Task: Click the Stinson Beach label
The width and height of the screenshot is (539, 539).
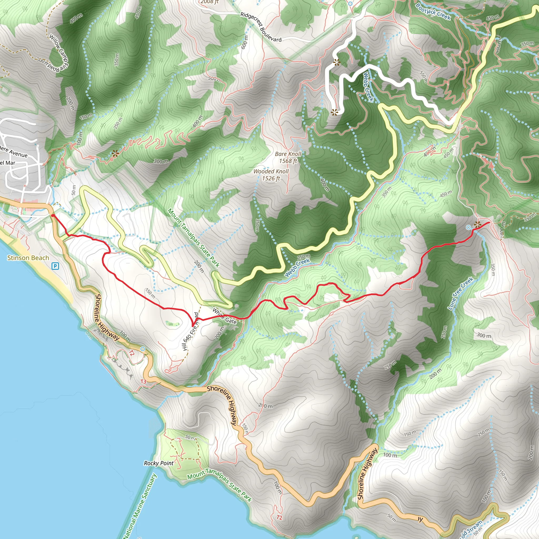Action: point(28,258)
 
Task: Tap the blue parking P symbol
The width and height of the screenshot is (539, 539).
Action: point(55,266)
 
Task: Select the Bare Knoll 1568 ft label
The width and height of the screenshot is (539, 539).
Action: point(288,157)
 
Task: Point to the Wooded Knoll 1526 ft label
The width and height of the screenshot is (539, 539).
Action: point(271,175)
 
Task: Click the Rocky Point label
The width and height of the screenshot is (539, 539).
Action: point(158,463)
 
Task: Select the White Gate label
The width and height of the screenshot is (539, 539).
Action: point(224,316)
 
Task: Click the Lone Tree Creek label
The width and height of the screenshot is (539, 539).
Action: point(460,293)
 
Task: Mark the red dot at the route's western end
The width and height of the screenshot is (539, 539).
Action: point(53,215)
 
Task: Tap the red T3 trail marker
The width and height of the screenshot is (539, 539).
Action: point(143,381)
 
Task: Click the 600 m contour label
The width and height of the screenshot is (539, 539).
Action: point(245,42)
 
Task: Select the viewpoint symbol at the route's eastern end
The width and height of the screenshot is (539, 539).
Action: point(478,224)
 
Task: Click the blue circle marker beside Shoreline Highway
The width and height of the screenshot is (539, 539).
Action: point(143,349)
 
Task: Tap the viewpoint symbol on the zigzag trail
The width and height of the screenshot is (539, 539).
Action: point(115,153)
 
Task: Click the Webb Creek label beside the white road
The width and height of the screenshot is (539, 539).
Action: point(368,87)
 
